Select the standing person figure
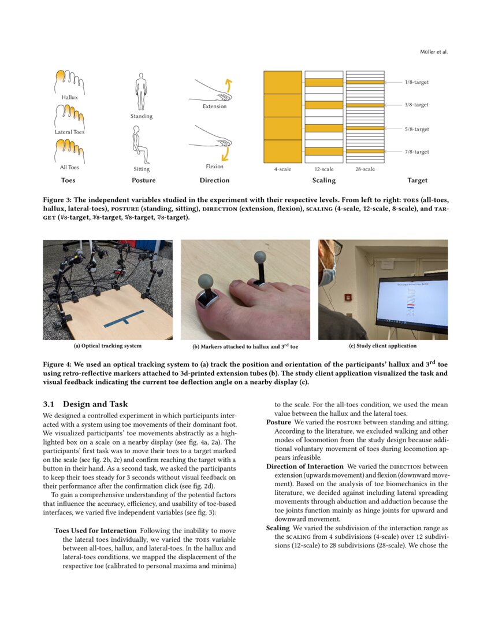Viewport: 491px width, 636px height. (141, 91)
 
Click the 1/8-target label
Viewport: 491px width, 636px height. (416, 82)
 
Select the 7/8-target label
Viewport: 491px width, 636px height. (416, 151)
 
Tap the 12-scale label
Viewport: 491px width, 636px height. (323, 169)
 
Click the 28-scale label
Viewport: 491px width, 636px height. (365, 169)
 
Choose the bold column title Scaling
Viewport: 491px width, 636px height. (323, 180)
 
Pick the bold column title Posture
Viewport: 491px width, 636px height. (143, 180)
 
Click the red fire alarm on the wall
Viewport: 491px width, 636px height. (348, 297)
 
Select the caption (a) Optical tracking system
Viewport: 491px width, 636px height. (107, 346)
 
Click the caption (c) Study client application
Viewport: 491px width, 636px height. (382, 346)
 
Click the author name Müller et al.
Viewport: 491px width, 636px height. (433, 52)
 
